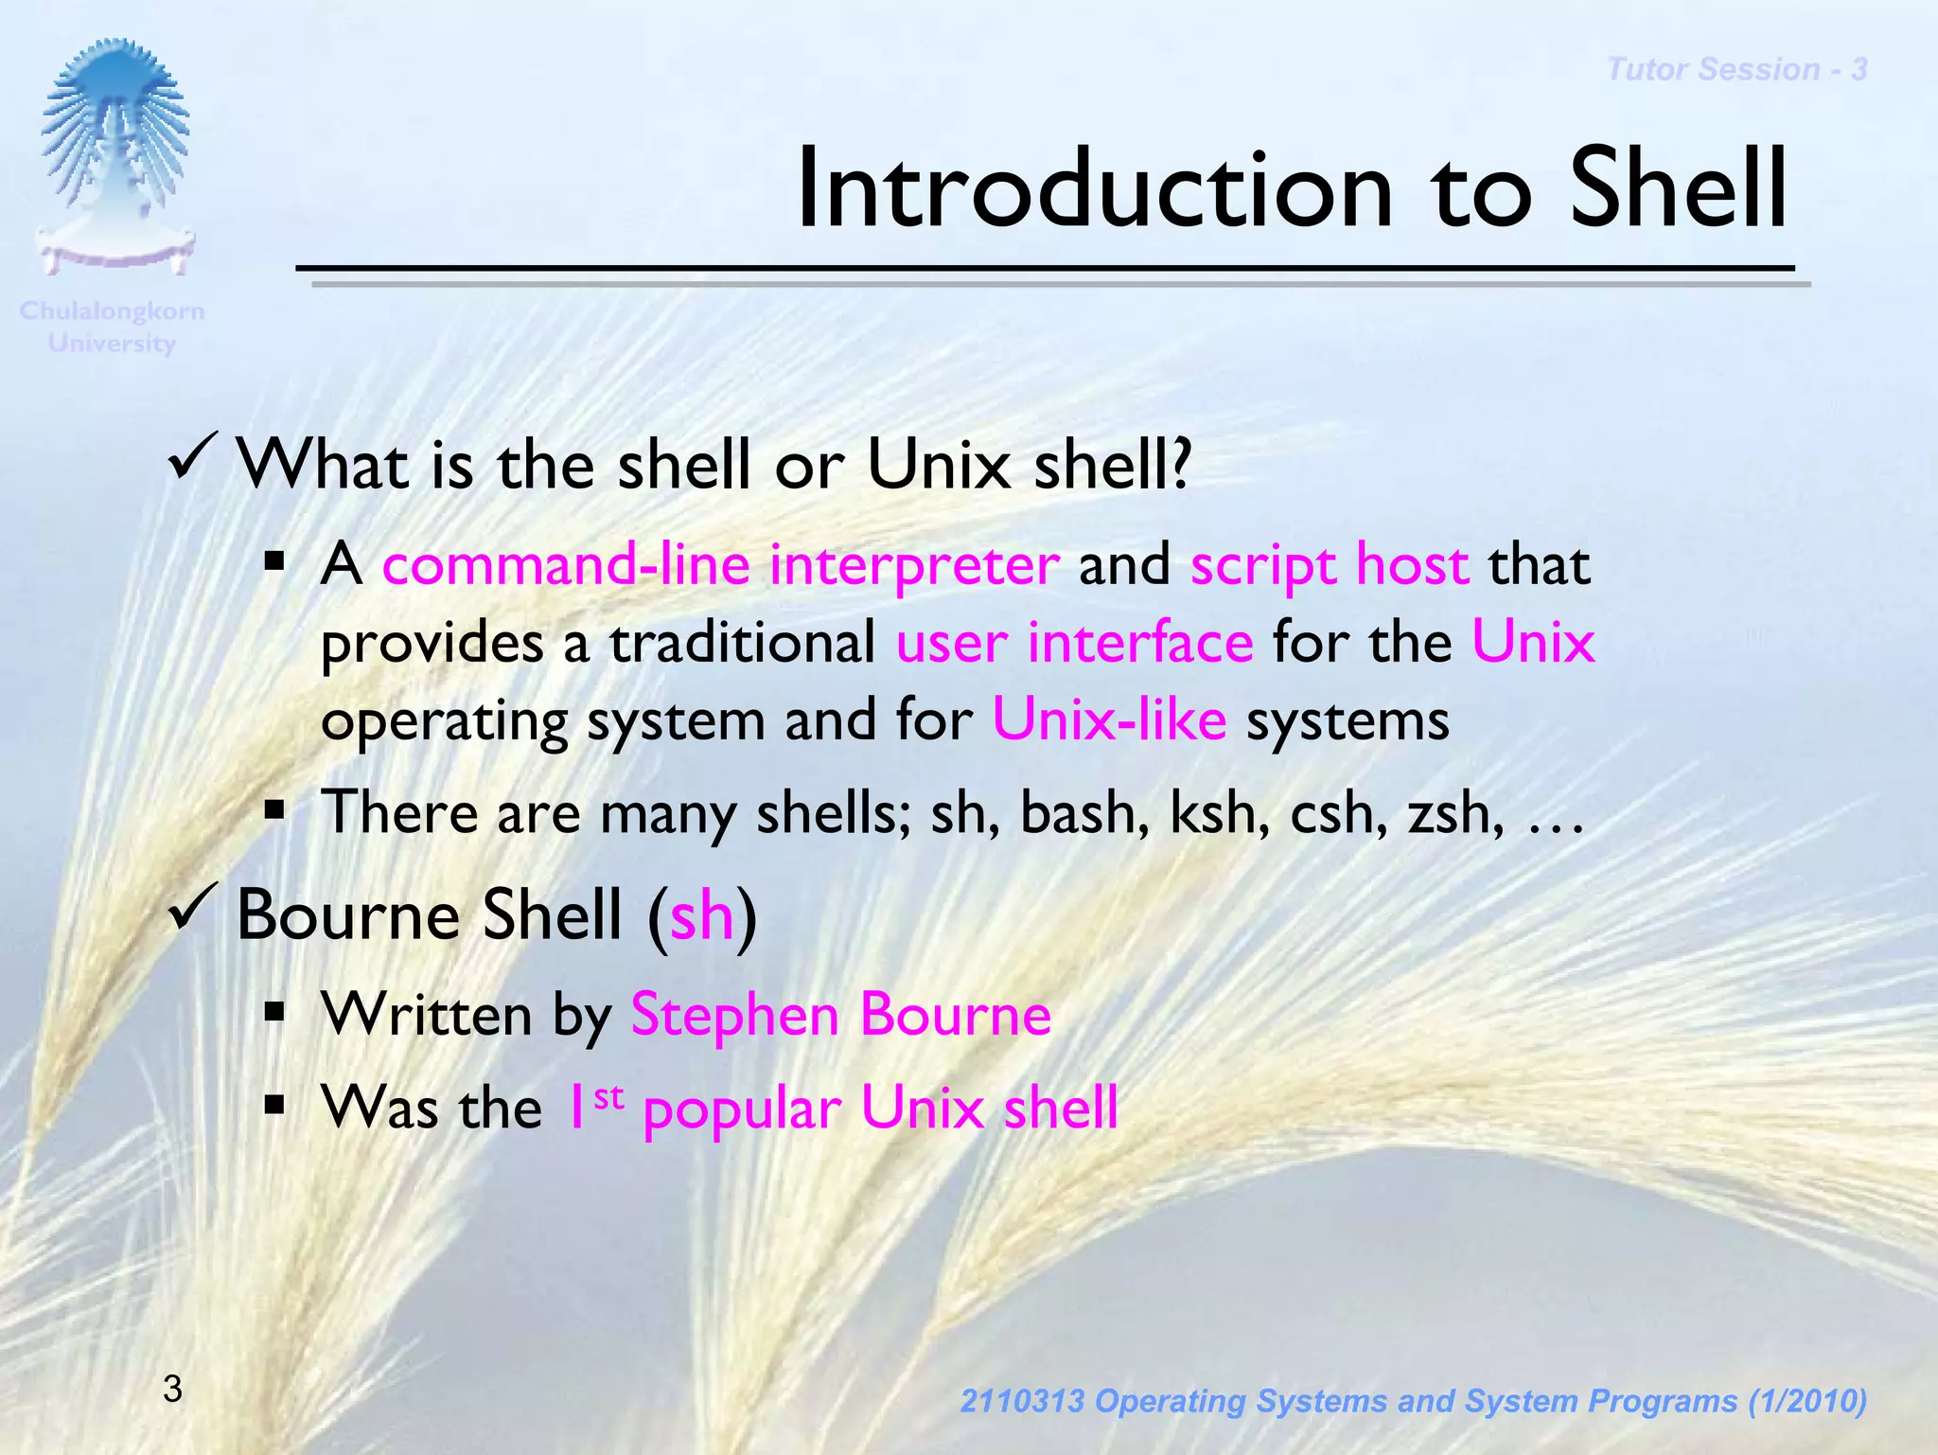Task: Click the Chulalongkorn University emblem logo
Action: (114, 156)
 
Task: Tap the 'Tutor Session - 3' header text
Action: (1736, 70)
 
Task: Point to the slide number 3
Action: (172, 1389)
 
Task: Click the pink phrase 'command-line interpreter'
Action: (720, 565)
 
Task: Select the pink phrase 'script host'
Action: (1330, 565)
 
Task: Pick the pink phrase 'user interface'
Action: (1074, 643)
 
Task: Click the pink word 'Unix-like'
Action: (1109, 719)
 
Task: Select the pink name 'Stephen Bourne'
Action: (840, 1015)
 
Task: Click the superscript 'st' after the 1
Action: (608, 1097)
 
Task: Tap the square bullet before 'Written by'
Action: (275, 1013)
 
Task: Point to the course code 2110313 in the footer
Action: (1022, 1401)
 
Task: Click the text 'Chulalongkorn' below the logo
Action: (112, 311)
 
